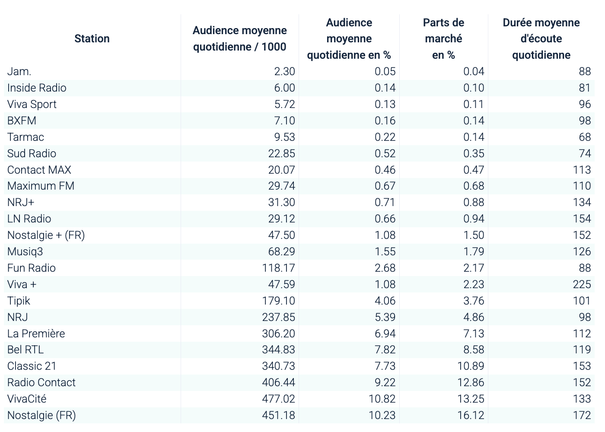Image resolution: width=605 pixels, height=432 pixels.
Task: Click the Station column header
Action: point(92,39)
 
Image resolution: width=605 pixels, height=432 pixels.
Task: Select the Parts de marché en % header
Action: point(443,39)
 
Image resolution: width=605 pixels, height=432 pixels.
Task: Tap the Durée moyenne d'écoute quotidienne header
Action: point(541,39)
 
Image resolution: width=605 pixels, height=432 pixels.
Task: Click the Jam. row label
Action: point(19,72)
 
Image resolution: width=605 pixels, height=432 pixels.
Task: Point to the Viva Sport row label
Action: point(32,105)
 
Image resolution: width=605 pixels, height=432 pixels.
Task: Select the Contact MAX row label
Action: point(39,170)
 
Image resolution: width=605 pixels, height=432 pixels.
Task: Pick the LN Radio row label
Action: point(29,219)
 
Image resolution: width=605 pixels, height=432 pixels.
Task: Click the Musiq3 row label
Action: point(25,251)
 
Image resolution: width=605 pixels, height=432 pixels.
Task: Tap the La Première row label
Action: point(36,334)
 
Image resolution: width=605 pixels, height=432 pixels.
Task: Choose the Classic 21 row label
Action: point(32,366)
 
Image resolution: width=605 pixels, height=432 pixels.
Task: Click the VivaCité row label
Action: point(27,399)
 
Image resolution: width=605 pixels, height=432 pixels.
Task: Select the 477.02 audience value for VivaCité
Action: point(278,399)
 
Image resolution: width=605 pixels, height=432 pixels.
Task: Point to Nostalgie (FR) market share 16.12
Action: point(471,415)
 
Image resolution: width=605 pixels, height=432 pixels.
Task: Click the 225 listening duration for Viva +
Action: point(582,284)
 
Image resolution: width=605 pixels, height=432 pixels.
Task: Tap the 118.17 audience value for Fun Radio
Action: point(278,268)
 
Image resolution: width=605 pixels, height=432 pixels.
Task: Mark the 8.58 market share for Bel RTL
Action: point(474,350)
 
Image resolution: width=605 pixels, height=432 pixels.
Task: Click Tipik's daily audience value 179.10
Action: point(278,301)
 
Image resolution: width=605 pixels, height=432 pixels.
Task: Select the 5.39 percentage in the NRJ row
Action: point(385,317)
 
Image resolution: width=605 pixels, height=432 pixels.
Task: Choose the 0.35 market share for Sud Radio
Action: point(474,153)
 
